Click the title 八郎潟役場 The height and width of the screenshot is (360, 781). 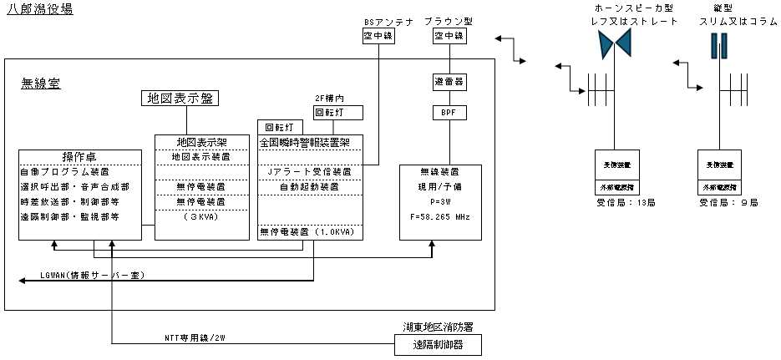pos(39,9)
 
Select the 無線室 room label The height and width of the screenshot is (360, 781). pos(40,84)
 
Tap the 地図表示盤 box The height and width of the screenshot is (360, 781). pos(180,99)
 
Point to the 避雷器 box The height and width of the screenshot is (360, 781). pos(449,82)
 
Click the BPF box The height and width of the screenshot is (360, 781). pos(449,111)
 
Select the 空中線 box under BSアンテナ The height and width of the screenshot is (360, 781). pos(378,37)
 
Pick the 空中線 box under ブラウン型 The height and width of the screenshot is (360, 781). pos(449,37)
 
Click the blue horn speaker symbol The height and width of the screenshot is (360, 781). pos(616,48)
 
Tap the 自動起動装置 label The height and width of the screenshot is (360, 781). pos(309,186)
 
